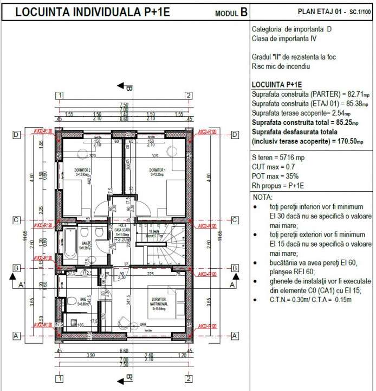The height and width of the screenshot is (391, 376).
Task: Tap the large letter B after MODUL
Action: tap(243, 12)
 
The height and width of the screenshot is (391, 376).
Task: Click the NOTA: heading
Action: tap(263, 197)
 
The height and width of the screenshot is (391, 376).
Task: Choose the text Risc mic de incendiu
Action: tap(280, 66)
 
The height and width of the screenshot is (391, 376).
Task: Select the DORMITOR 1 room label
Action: tap(157, 170)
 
